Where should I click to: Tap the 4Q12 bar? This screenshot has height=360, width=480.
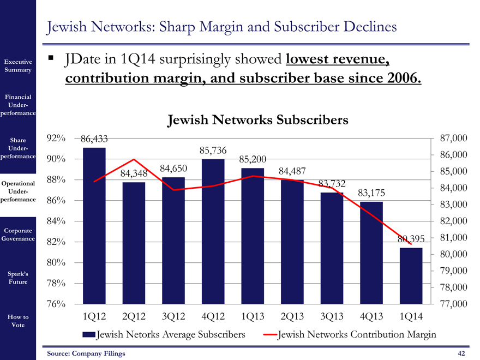pyautogui.click(x=213, y=231)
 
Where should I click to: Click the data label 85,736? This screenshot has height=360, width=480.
pyautogui.click(x=213, y=151)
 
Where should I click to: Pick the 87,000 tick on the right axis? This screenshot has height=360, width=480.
pyautogui.click(x=452, y=139)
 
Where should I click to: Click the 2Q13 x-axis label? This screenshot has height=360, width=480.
pyautogui.click(x=292, y=316)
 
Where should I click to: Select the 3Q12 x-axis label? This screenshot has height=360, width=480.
pyautogui.click(x=173, y=316)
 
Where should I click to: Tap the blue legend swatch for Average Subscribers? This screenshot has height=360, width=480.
pyautogui.click(x=88, y=335)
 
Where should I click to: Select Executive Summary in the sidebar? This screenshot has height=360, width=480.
pyautogui.click(x=18, y=66)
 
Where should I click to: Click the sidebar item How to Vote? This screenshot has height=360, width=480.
pyautogui.click(x=18, y=321)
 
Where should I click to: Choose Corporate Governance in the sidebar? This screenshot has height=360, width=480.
pyautogui.click(x=18, y=235)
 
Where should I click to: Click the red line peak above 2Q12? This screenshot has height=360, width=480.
pyautogui.click(x=134, y=160)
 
